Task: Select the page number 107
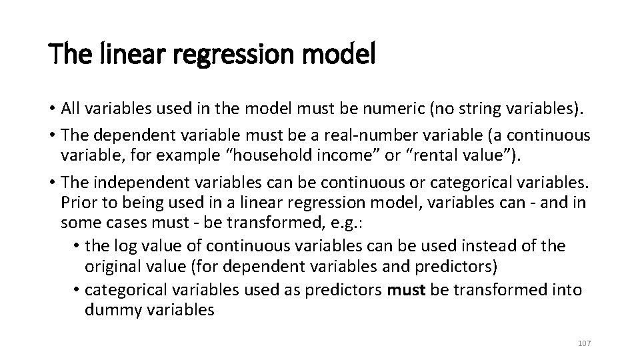point(584,343)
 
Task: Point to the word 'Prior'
point(78,202)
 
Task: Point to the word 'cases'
point(123,222)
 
